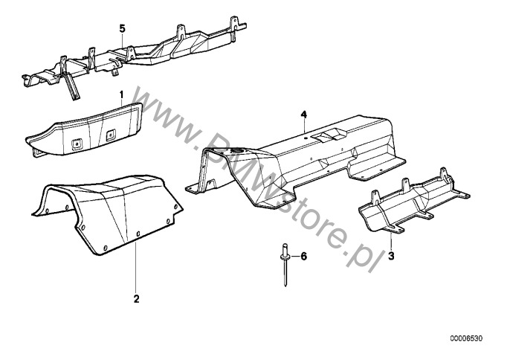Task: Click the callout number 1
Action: click(x=122, y=95)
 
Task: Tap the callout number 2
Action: click(x=136, y=299)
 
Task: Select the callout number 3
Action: click(x=391, y=256)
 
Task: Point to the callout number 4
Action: click(x=304, y=115)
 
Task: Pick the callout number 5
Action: click(x=122, y=29)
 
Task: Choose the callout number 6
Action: click(x=303, y=257)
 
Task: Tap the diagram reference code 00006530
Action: click(x=466, y=338)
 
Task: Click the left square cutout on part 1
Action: click(x=77, y=144)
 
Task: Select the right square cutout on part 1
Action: click(x=111, y=135)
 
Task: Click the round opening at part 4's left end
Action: click(x=236, y=150)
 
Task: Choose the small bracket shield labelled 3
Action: click(x=413, y=205)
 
